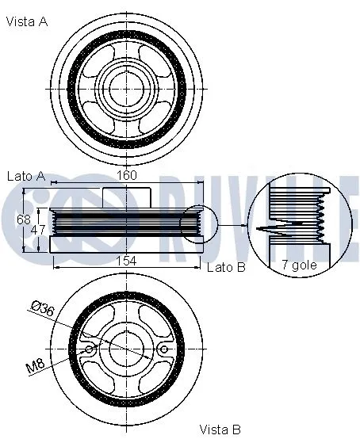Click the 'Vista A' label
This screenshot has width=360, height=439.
tap(27, 22)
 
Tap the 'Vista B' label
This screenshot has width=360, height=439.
tap(220, 429)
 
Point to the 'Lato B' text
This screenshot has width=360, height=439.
tap(226, 268)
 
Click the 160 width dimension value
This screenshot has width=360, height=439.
tap(128, 175)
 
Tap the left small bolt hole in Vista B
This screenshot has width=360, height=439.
tap(90, 349)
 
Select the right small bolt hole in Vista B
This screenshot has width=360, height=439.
tap(163, 349)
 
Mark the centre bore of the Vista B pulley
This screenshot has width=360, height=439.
tap(127, 349)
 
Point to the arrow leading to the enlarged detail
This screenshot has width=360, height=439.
tap(231, 227)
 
